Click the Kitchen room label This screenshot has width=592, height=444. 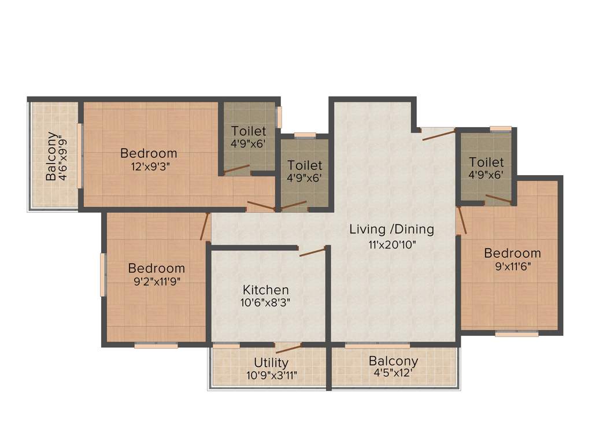pos(266,290)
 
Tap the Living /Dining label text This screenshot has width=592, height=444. pos(391,229)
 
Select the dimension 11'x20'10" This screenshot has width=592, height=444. pos(391,244)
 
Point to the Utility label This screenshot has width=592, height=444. pos(271,362)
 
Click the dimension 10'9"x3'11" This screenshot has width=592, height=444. pos(271,375)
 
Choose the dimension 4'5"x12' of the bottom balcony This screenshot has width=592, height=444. pos(393,373)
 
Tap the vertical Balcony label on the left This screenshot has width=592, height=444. pos(52,157)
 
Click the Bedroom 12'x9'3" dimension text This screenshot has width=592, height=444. pos(149,166)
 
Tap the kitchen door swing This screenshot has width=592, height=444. pos(312,251)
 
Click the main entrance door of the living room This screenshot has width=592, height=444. pos(438,135)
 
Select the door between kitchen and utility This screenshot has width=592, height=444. pos(288,348)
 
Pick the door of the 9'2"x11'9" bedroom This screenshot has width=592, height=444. pos(205,227)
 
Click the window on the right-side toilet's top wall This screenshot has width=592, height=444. pos(500,129)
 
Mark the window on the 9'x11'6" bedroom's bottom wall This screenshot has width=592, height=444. pos(517,334)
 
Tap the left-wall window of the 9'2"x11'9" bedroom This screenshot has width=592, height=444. pos(103,275)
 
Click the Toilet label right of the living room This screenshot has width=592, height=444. pos(486,162)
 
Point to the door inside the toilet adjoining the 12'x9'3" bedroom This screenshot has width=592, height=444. pos(237,169)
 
